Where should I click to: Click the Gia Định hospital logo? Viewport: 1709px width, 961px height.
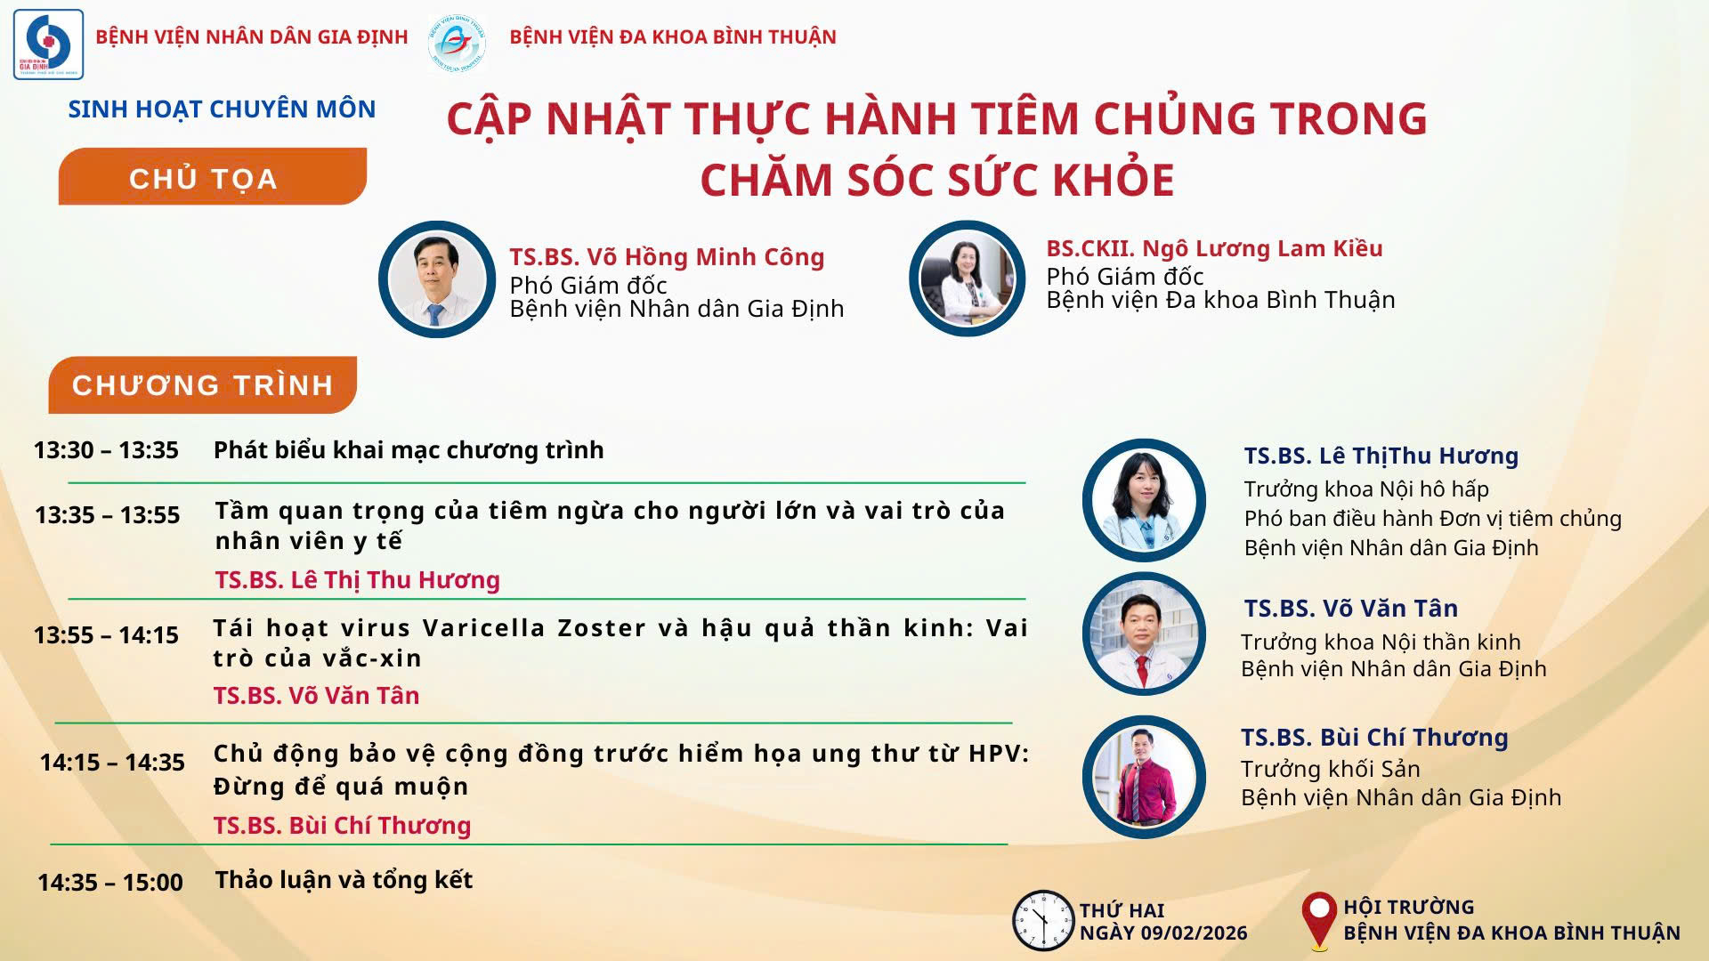tap(48, 44)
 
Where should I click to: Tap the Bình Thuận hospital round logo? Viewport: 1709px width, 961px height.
tap(457, 42)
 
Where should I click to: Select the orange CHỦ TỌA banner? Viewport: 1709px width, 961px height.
tap(213, 176)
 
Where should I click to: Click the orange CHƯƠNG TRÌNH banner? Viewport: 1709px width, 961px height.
tap(203, 385)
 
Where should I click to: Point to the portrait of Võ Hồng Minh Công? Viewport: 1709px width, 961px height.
tap(437, 279)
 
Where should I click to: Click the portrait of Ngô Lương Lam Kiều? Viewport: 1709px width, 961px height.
tap(968, 279)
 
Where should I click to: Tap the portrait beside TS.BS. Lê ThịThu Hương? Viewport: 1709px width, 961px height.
tap(1144, 500)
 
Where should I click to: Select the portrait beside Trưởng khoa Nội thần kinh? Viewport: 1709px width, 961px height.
tap(1144, 634)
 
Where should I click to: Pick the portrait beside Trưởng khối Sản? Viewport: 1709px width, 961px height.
tap(1144, 777)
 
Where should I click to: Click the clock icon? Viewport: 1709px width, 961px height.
tap(1043, 920)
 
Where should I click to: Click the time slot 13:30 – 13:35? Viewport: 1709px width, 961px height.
tap(106, 450)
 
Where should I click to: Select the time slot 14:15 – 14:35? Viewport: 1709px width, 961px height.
tap(112, 763)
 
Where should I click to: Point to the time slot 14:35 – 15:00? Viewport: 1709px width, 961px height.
tap(110, 883)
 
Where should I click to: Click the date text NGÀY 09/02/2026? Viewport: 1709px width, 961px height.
tap(1163, 933)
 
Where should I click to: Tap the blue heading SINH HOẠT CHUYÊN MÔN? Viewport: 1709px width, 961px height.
tap(223, 109)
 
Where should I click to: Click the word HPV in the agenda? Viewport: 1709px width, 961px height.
tap(999, 754)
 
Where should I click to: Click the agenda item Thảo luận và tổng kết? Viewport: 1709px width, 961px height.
tap(344, 880)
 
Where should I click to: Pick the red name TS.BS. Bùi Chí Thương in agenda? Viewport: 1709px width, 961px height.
tap(343, 826)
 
